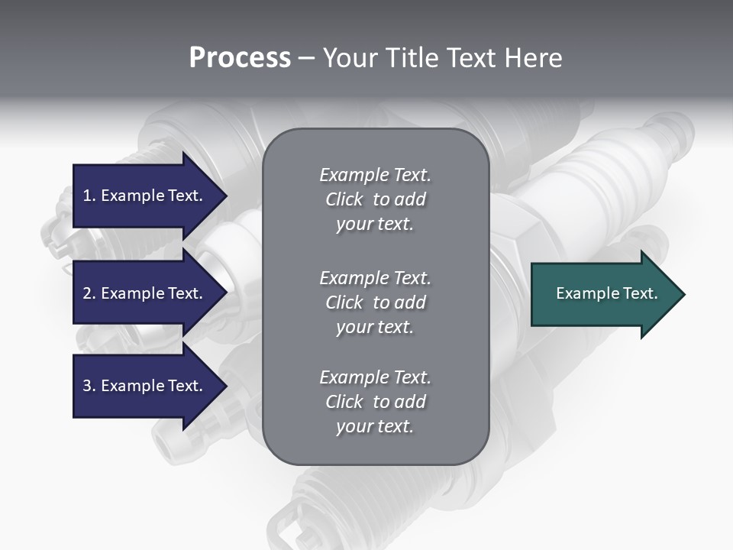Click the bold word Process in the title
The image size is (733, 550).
pyautogui.click(x=240, y=58)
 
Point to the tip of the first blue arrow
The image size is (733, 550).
pyautogui.click(x=226, y=196)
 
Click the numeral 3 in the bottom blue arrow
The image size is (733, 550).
pyautogui.click(x=86, y=386)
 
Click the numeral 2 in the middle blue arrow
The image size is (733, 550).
pyautogui.click(x=86, y=293)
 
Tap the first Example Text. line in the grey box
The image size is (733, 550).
pyautogui.click(x=375, y=175)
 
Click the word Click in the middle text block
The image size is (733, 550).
pyautogui.click(x=344, y=302)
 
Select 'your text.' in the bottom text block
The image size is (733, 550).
pyautogui.click(x=375, y=427)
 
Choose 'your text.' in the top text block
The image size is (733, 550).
pyautogui.click(x=375, y=225)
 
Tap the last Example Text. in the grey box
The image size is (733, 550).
pyautogui.click(x=375, y=377)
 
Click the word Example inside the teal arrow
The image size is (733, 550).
pyautogui.click(x=581, y=293)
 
